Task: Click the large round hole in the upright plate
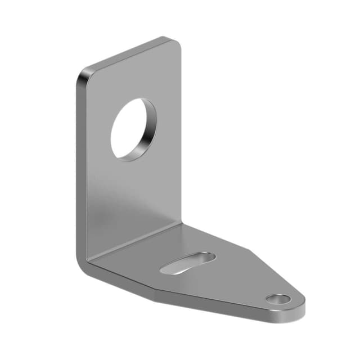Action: (x=132, y=129)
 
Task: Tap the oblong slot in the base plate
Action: (x=187, y=263)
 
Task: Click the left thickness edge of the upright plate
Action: (x=79, y=169)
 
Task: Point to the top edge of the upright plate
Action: (x=129, y=53)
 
